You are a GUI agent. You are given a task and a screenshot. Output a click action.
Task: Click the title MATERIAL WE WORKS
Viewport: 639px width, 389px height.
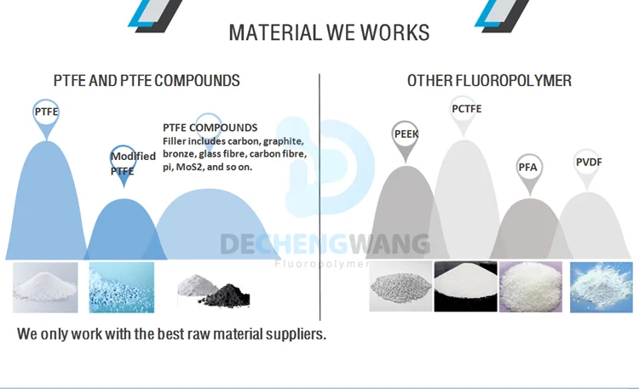tap(329, 33)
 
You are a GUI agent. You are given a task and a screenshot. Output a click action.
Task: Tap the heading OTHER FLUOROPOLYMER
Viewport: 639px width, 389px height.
tap(489, 81)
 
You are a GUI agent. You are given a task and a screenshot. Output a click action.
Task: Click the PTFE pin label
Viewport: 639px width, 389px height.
tap(46, 112)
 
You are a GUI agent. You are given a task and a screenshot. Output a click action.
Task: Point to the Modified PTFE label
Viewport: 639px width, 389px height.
tap(133, 163)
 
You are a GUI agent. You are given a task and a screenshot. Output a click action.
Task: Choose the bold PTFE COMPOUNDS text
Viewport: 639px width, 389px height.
tap(210, 128)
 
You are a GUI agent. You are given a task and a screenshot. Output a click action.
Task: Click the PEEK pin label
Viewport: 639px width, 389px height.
tap(406, 134)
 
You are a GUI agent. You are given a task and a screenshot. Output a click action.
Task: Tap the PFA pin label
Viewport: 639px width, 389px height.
tap(528, 166)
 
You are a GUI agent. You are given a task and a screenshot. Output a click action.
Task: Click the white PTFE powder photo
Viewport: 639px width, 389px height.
tap(45, 287)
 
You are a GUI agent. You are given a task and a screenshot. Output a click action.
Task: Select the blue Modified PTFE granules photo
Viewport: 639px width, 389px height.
tap(122, 287)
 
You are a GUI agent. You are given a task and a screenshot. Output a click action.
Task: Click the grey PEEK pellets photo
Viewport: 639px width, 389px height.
tap(400, 287)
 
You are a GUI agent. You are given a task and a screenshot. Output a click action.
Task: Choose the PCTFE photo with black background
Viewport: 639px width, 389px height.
tap(465, 287)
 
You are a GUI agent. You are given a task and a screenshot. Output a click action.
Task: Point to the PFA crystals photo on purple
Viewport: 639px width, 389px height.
tap(530, 287)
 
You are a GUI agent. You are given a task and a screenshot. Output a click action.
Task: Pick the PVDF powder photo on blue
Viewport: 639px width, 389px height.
tap(602, 287)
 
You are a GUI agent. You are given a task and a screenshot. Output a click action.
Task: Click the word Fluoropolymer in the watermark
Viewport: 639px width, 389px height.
tap(322, 264)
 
